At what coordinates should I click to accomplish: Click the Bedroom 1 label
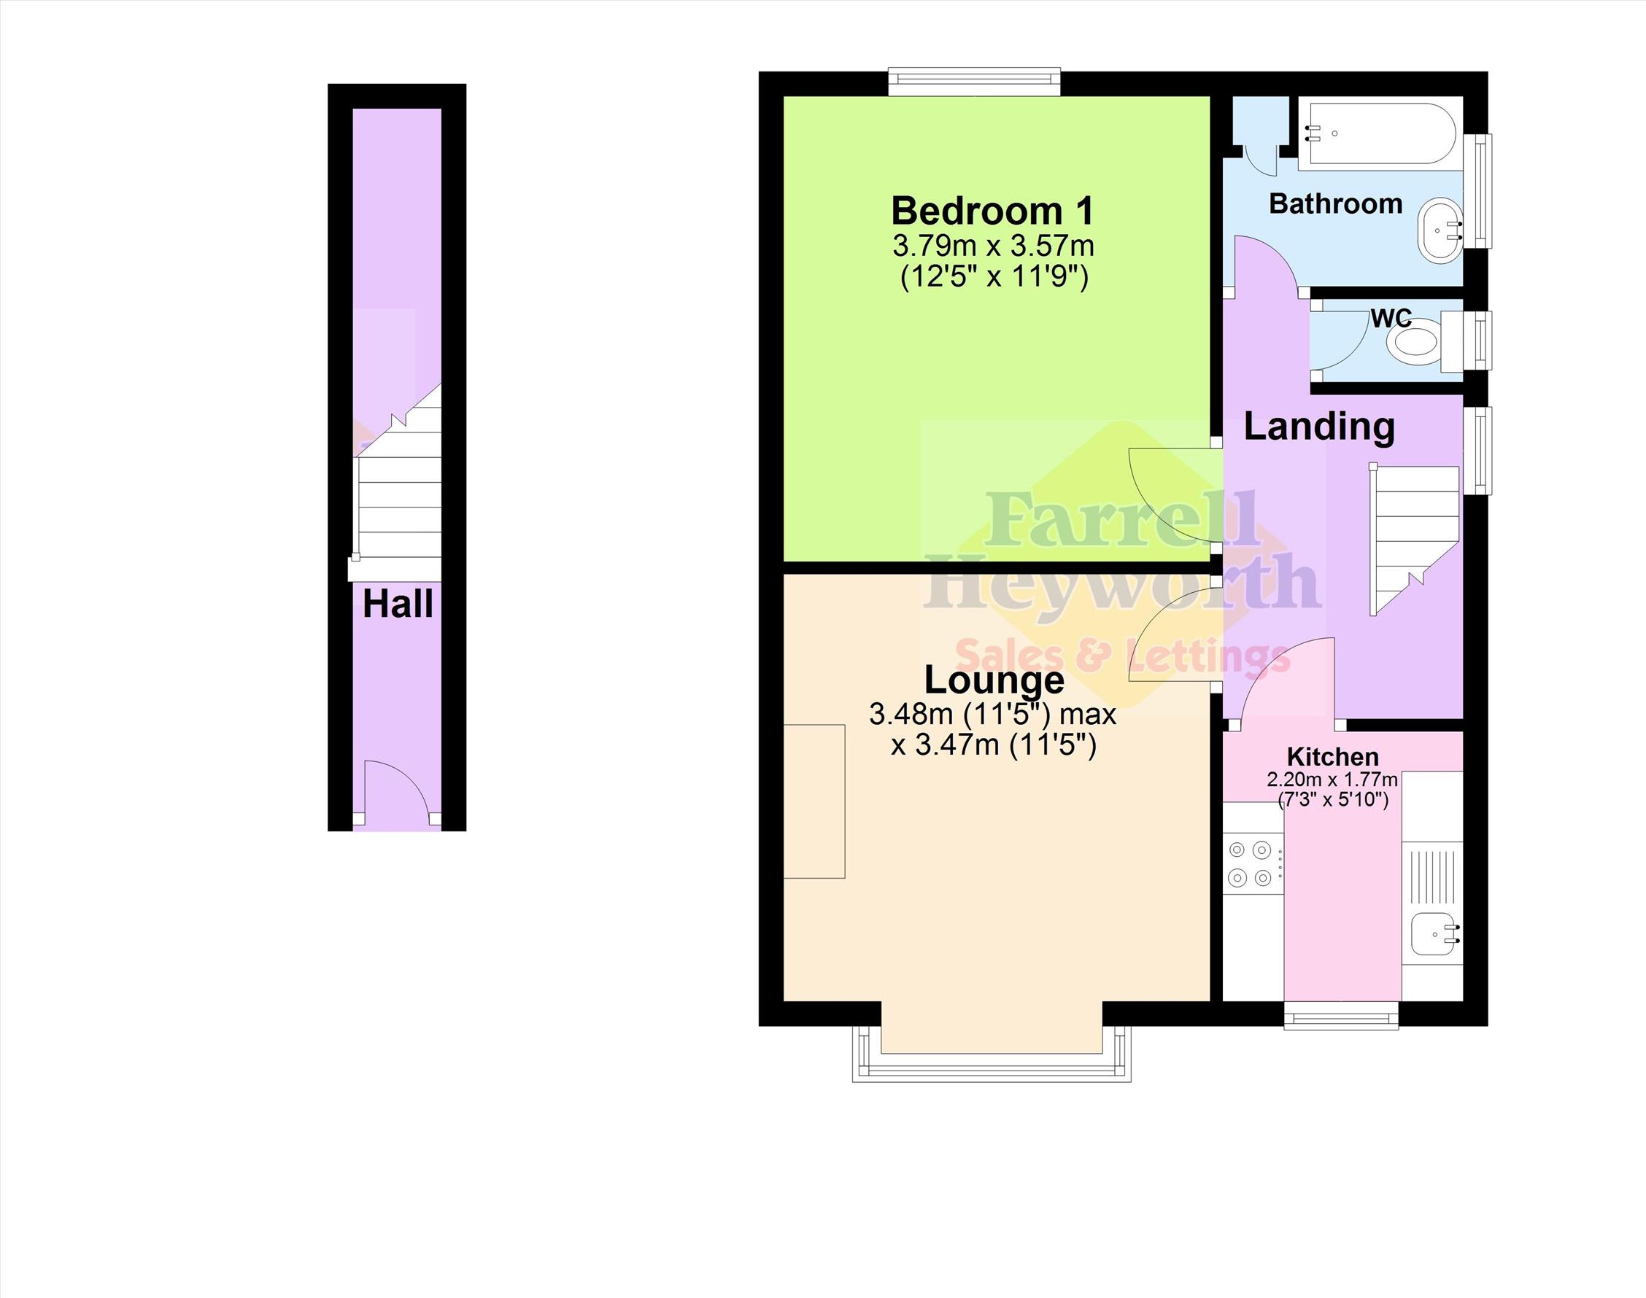[993, 211]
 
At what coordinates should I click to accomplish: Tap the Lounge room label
[994, 680]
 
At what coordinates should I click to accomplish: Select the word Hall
[398, 605]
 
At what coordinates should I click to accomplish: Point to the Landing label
[1319, 428]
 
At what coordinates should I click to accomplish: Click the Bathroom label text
[1336, 203]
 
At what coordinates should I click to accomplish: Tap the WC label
[1391, 318]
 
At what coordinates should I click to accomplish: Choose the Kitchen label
[1333, 757]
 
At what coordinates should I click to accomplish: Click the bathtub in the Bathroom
[1378, 133]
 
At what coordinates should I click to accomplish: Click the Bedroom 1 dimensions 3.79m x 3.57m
[993, 246]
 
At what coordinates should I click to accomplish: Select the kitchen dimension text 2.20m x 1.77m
[1332, 780]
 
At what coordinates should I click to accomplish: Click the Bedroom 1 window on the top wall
[974, 82]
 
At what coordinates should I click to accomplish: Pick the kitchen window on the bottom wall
[1341, 1016]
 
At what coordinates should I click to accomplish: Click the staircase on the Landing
[1414, 539]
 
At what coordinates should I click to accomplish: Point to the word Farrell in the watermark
[1121, 521]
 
